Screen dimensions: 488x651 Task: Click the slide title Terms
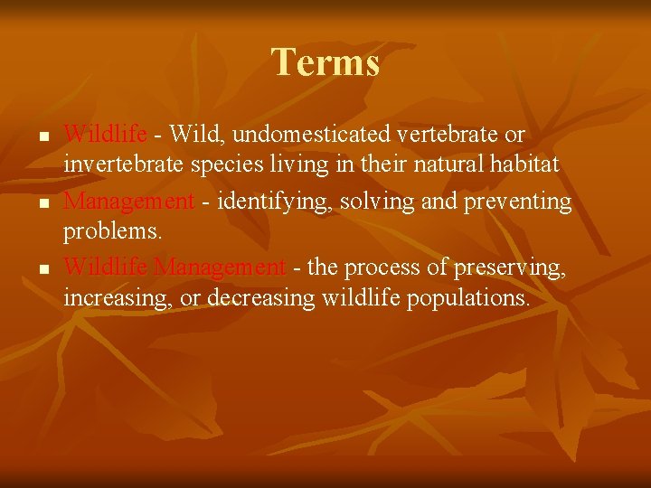[x=325, y=62]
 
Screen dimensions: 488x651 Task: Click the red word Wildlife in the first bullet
[x=105, y=135]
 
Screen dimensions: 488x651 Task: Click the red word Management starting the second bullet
[x=128, y=201]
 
